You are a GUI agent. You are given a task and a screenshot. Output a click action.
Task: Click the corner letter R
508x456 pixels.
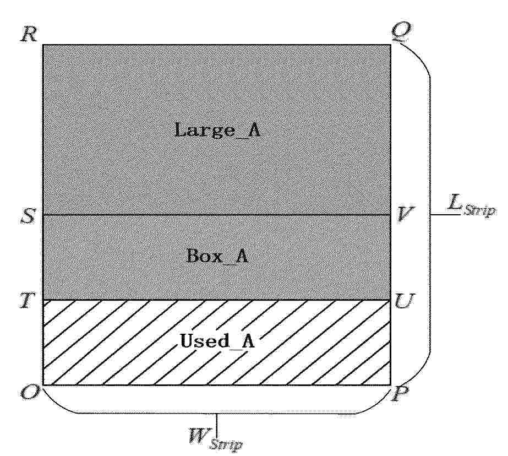tap(29, 34)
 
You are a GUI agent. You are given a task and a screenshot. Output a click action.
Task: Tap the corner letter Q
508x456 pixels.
tap(402, 32)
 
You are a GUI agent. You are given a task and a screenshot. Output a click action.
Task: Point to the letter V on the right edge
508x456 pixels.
tap(404, 214)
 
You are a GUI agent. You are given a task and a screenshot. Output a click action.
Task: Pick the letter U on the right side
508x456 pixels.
tap(404, 301)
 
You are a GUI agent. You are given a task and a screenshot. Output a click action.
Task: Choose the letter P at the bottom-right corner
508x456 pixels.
tap(400, 394)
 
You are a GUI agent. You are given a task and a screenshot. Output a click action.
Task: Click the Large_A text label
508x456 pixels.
tap(217, 130)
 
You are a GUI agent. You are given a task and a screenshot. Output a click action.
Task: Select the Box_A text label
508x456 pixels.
tap(217, 256)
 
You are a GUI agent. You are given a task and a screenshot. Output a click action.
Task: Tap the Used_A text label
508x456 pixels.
tap(217, 341)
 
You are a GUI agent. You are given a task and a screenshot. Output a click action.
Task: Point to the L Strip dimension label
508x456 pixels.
tap(471, 205)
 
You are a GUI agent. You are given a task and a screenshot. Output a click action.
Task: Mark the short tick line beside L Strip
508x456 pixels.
tap(445, 215)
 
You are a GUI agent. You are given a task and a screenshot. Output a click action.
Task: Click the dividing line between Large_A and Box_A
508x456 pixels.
tap(217, 215)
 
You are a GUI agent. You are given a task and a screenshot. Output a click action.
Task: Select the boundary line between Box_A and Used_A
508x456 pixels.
tap(217, 300)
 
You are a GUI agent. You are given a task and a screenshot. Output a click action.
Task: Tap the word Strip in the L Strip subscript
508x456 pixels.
tap(479, 210)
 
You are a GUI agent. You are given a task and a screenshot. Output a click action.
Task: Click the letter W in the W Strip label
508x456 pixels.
tap(198, 436)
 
